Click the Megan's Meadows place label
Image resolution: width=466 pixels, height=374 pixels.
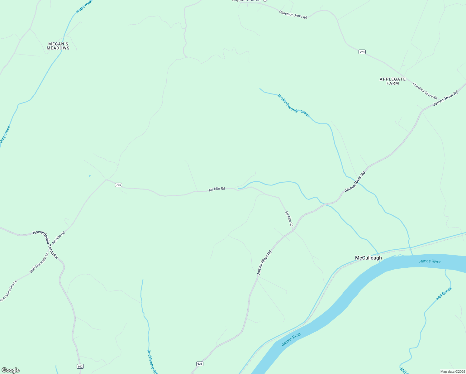tap(58, 46)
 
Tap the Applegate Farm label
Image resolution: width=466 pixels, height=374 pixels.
tap(392, 81)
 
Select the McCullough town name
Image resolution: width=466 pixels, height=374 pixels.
tap(368, 258)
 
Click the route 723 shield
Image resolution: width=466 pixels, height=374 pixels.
tap(362, 52)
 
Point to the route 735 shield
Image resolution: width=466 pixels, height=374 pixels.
tap(118, 185)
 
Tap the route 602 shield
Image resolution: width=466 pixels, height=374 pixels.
tap(80, 366)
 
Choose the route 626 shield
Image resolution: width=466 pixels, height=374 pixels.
tap(200, 364)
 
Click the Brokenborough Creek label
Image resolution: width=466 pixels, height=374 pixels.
tap(293, 106)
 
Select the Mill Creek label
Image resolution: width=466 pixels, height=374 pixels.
tap(444, 294)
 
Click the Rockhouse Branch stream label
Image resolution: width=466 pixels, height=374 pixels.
tap(152, 362)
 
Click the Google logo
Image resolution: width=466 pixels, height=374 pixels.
tap(10, 370)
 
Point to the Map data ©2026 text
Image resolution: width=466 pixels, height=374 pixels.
tap(452, 372)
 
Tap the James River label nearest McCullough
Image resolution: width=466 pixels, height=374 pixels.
tap(430, 261)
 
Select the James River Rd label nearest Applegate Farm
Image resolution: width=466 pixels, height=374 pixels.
tap(446, 98)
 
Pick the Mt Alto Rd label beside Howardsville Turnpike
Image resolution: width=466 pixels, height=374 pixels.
tap(59, 237)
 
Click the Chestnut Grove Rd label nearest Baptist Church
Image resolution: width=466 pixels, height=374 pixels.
tap(293, 15)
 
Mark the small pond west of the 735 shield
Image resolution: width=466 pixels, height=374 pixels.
tap(90, 176)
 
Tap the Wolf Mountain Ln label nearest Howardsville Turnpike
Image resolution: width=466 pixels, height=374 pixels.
tap(39, 263)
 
